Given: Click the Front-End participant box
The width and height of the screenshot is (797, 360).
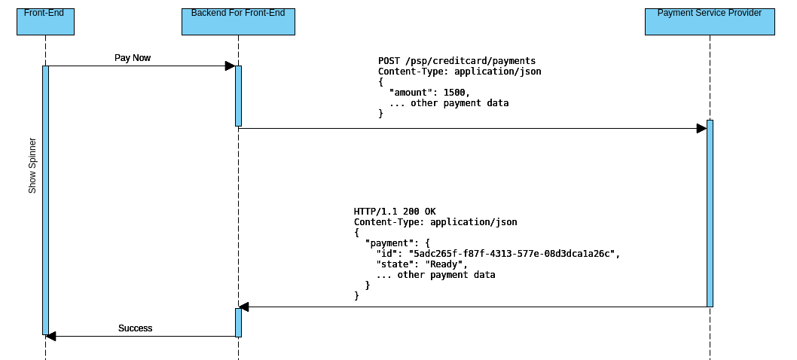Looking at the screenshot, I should (x=45, y=22).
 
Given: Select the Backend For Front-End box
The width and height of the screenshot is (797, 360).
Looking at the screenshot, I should (x=238, y=22).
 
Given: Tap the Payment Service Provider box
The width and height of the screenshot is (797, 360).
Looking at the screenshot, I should (x=710, y=22).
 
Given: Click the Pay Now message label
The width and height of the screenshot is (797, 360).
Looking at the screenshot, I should (x=133, y=58).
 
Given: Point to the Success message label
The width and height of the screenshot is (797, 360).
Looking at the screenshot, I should (x=135, y=328).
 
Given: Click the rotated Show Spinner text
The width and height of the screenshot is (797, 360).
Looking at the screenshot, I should (x=32, y=166).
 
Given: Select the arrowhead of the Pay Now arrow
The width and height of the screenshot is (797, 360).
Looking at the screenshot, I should (x=230, y=66).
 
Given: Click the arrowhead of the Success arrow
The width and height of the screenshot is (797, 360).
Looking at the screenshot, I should (x=51, y=336).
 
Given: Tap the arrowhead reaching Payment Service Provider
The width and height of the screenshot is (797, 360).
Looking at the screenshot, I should (x=701, y=129).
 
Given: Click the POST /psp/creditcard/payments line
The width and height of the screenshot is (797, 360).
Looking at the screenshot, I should (x=457, y=61).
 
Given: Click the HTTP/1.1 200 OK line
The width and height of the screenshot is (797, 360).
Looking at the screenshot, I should (x=394, y=212).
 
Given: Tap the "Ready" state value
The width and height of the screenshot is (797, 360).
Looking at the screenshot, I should (x=446, y=264).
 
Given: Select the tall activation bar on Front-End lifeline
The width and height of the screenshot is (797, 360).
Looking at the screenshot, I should (x=45, y=200).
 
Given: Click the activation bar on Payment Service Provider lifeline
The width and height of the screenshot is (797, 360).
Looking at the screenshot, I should (x=710, y=213).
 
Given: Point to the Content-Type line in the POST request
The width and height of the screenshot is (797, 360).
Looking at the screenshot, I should (x=459, y=72).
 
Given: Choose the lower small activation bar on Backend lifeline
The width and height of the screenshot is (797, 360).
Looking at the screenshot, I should (x=238, y=322).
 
